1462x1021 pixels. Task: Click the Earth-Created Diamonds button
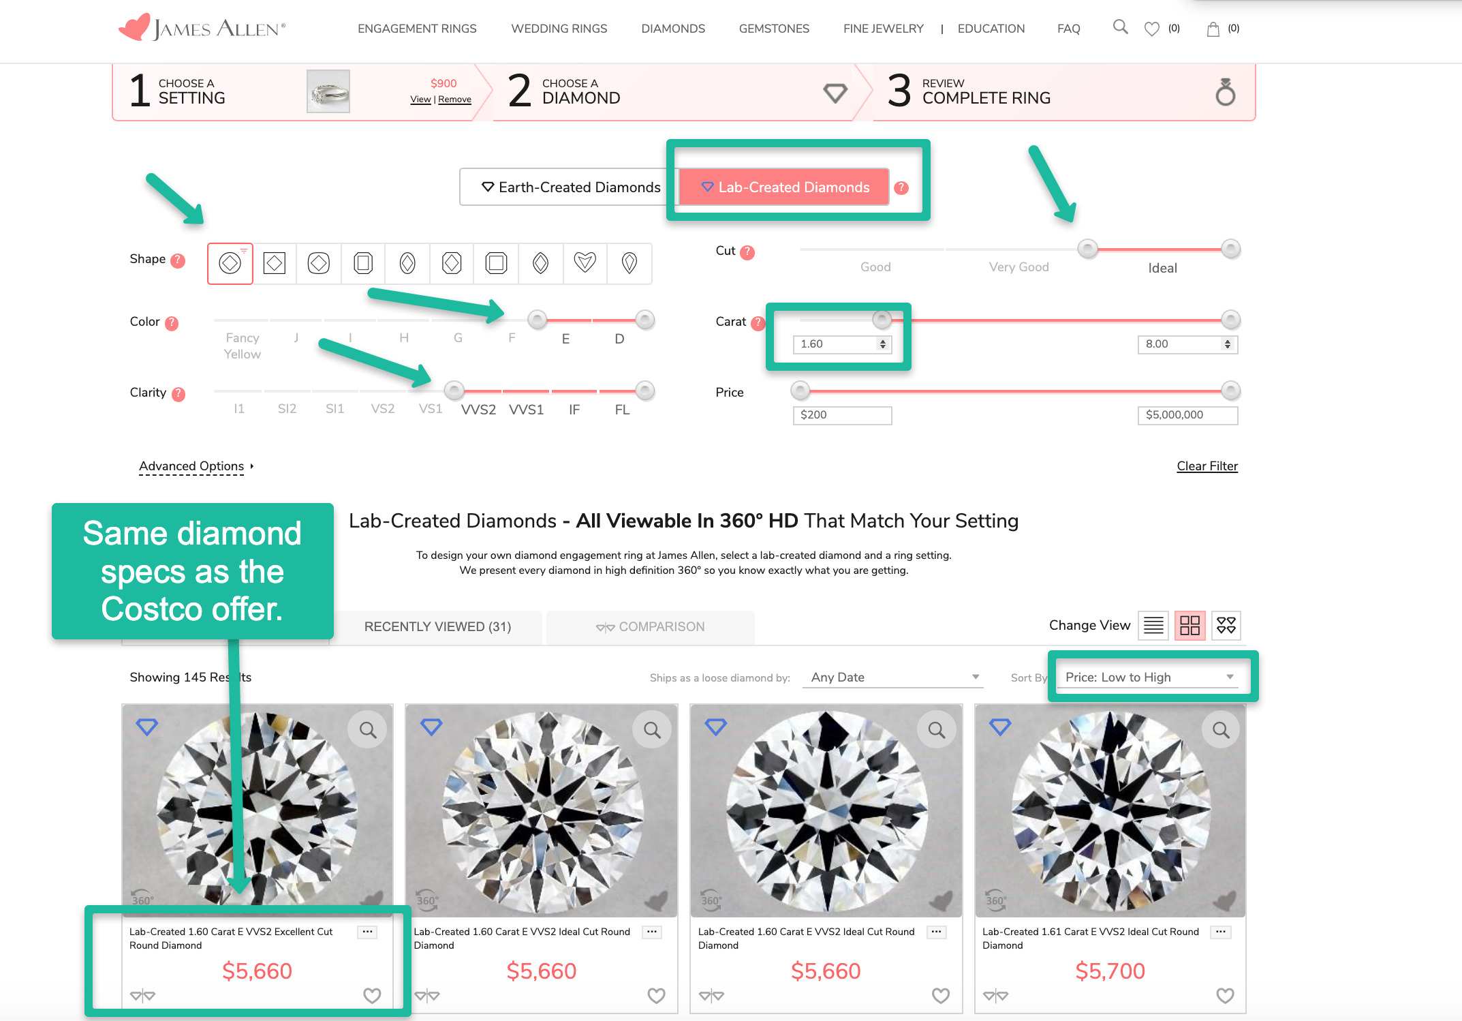pos(570,187)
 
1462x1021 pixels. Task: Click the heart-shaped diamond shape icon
pos(585,262)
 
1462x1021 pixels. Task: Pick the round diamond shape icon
pos(230,262)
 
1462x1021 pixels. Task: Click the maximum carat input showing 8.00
pos(1187,344)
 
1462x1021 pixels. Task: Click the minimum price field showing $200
pos(842,415)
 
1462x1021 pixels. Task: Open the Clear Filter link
pos(1207,466)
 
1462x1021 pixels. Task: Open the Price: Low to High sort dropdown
pos(1150,677)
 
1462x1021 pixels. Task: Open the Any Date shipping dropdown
pos(893,677)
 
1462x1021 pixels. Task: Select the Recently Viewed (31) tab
pos(437,627)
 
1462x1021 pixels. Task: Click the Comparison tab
pos(651,627)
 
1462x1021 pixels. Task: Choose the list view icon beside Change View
pos(1153,625)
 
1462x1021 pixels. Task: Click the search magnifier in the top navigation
pos(1120,27)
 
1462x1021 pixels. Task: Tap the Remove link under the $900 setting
pos(454,100)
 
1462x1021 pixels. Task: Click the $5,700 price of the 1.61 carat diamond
pos(1110,971)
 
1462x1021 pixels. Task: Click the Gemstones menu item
pos(774,29)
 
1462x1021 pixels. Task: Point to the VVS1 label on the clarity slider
pos(526,410)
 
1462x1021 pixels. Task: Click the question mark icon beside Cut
pos(747,252)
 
